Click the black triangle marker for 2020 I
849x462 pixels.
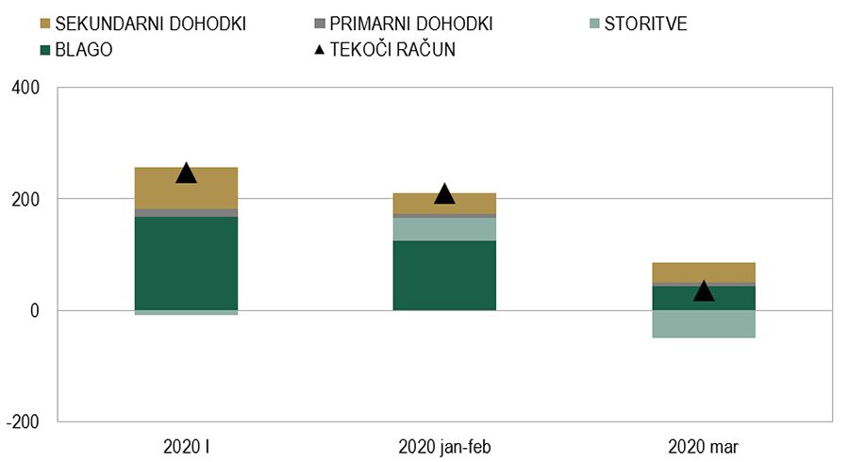[186, 173]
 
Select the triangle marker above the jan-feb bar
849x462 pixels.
[444, 194]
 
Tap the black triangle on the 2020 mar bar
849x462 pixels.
[704, 291]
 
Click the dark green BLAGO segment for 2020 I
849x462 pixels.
[186, 263]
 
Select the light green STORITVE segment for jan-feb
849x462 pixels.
[444, 229]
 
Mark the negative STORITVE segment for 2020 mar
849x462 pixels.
[704, 323]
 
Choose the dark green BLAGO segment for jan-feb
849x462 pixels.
[444, 275]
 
